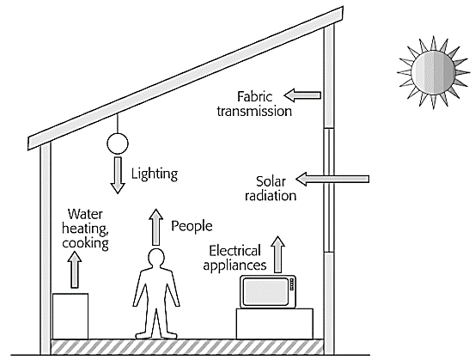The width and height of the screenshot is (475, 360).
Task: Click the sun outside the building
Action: (433, 72)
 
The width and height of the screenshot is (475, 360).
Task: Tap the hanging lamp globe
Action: (118, 143)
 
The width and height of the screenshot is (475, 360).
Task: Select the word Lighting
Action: (155, 174)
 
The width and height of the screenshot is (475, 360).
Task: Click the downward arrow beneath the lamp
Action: (118, 175)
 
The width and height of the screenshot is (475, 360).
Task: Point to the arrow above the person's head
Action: (156, 227)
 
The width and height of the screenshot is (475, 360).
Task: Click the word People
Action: (192, 226)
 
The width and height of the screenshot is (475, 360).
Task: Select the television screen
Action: (265, 291)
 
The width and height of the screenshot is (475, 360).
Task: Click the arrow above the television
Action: (277, 254)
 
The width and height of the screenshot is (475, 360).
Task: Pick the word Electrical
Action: (234, 251)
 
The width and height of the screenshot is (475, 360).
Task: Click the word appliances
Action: (234, 265)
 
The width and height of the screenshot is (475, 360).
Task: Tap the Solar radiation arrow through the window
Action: (332, 179)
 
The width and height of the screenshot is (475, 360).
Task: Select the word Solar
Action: (271, 181)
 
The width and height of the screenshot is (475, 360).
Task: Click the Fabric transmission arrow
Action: (302, 95)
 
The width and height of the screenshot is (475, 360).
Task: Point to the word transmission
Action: (254, 111)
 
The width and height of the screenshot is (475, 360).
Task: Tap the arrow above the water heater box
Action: (74, 270)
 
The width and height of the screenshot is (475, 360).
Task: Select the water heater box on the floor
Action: (70, 316)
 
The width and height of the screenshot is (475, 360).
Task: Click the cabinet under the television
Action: (275, 324)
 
